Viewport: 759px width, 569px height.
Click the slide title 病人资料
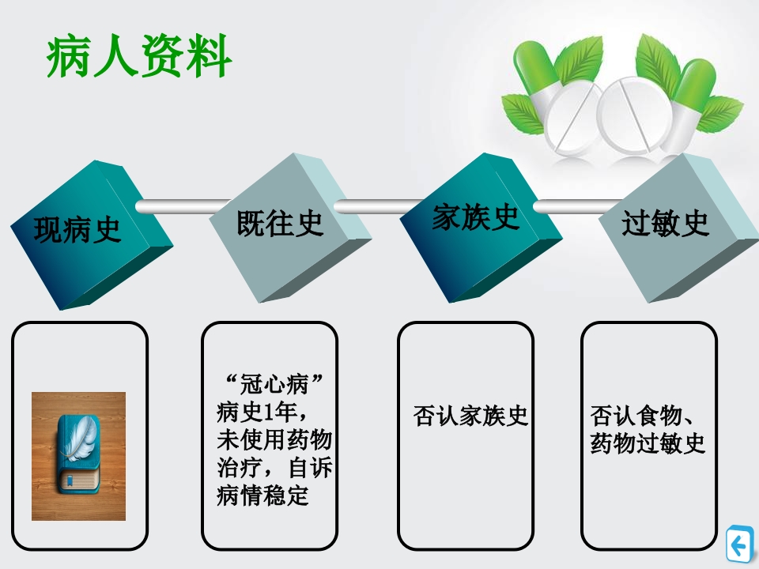point(139,58)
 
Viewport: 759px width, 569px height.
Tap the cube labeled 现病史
point(79,230)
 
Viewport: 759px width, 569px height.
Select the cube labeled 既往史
point(280,224)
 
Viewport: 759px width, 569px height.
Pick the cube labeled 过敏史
point(666,224)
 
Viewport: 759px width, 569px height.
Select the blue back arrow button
point(739,545)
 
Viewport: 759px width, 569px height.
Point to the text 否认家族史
point(470,416)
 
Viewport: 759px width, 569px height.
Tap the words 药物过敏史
point(647,444)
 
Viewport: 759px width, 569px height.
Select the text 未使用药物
point(274,440)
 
